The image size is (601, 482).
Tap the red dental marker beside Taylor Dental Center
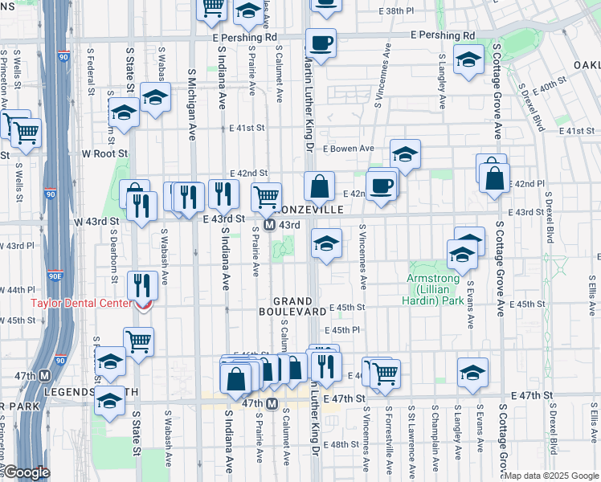[143, 304]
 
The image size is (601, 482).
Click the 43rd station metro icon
[270, 226]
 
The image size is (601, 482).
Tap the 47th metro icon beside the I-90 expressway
[45, 375]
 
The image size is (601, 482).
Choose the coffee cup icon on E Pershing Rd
[321, 43]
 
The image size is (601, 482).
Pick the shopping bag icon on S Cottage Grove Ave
[495, 177]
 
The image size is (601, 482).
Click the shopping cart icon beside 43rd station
[266, 196]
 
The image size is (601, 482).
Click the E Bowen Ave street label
[349, 149]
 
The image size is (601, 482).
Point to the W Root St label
[105, 153]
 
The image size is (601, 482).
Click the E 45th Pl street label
[341, 330]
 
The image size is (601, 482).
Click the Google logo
[27, 472]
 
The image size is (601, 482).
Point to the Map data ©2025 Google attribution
[552, 476]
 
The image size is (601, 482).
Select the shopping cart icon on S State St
[138, 341]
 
